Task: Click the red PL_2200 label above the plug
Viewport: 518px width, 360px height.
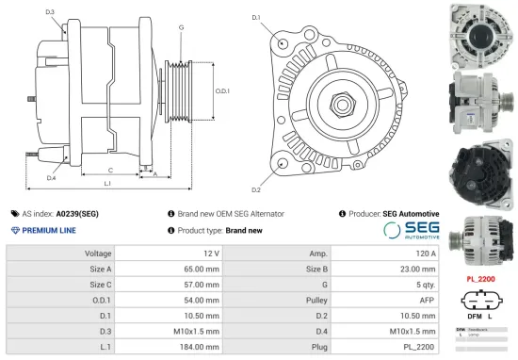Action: point(480,280)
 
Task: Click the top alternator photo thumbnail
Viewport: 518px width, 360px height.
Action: point(479,31)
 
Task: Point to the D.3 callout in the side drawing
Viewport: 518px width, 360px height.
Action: point(49,12)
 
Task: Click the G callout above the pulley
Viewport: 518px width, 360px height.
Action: point(181,27)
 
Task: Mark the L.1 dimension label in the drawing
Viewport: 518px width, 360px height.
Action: point(107,182)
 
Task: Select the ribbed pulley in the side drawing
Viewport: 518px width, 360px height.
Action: point(177,90)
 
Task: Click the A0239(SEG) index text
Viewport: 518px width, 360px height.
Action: point(77,214)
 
